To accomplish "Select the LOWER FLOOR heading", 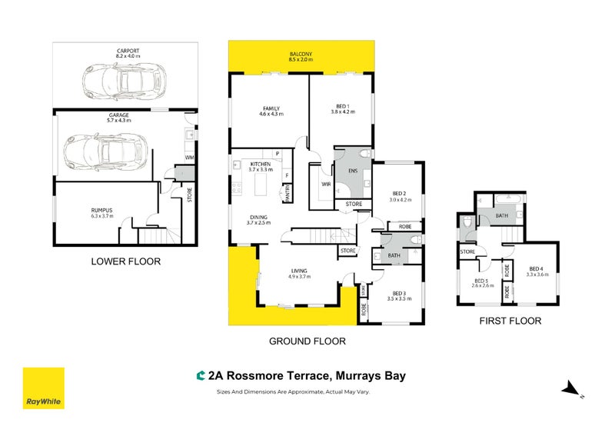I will pyautogui.click(x=126, y=261).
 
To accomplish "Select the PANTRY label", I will pyautogui.click(x=288, y=197).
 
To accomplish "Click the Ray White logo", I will pyautogui.click(x=43, y=388).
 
